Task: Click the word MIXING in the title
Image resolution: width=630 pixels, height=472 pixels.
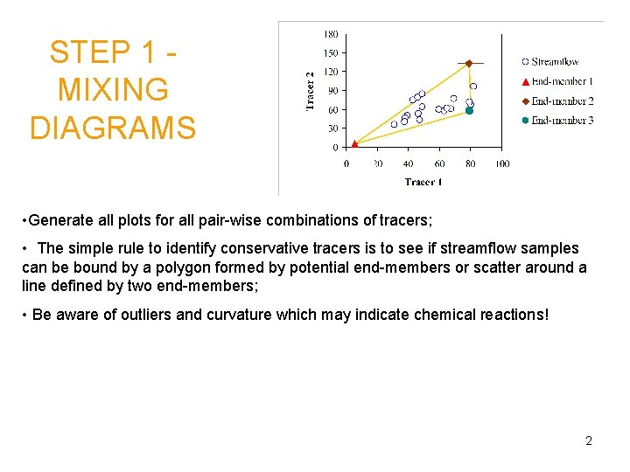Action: point(113,90)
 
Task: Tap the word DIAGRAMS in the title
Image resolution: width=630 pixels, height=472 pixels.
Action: point(113,128)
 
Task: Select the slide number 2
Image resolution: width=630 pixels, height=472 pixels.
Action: point(589,441)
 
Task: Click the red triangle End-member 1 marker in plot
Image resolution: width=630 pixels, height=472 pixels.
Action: point(353,143)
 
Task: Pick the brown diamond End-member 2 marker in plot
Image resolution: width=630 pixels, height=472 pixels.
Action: point(468,64)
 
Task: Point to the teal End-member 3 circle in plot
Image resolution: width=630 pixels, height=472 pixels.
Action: point(469,111)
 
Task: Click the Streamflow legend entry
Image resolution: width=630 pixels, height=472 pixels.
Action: point(554,62)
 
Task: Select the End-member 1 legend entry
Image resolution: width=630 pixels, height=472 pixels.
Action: point(561,81)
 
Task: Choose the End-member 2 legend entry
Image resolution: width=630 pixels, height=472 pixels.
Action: point(561,101)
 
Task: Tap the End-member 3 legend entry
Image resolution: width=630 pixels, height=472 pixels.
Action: point(561,121)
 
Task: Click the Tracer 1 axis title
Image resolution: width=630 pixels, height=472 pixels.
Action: point(423,182)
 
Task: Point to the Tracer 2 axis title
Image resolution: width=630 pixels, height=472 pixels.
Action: point(309,91)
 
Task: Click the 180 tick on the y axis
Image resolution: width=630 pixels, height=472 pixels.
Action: point(332,35)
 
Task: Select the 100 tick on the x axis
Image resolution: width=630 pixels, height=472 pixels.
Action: point(501,163)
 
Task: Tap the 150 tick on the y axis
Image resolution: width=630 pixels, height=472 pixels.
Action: point(332,53)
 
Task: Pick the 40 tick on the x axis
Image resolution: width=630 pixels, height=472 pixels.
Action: point(409,163)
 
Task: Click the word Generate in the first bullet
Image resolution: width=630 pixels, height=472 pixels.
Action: point(60,219)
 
